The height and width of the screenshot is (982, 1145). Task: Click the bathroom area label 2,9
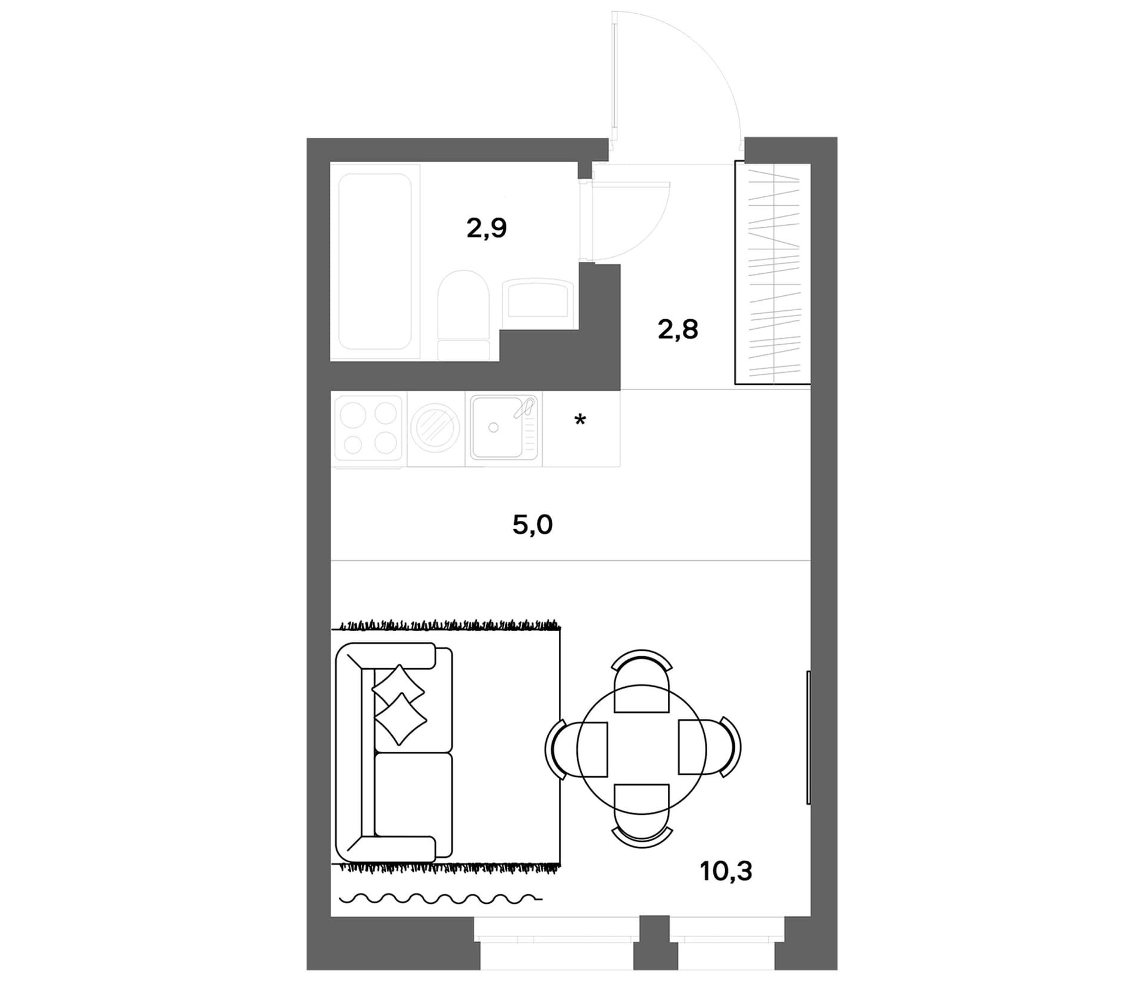(x=487, y=228)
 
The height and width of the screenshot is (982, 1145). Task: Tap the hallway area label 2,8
(x=677, y=329)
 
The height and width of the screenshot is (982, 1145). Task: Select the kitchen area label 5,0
(x=533, y=525)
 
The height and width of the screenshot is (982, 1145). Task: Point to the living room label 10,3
(x=726, y=872)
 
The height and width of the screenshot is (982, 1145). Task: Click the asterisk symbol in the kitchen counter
(x=580, y=420)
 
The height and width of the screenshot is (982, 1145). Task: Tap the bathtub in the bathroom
(x=375, y=261)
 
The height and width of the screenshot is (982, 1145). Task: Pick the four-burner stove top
(x=369, y=428)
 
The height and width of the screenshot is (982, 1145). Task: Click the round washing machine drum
(x=436, y=428)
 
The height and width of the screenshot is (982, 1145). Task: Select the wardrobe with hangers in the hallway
(x=772, y=273)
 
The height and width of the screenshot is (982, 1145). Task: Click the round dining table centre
(x=642, y=749)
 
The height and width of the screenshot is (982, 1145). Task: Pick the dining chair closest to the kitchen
(x=642, y=681)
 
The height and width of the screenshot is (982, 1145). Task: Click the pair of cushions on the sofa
(x=399, y=705)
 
